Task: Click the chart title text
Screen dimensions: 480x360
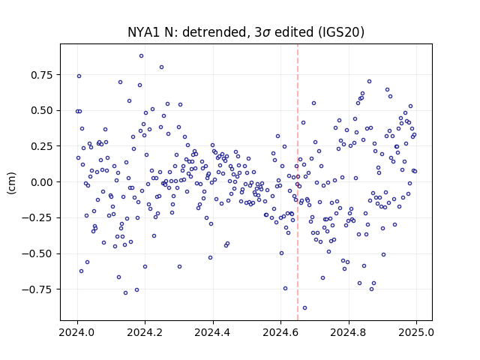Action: [x=246, y=32]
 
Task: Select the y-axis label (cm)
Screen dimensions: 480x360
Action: [x=11, y=183]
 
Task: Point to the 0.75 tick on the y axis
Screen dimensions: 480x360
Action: [x=42, y=75]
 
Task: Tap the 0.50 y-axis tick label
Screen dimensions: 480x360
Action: [x=42, y=110]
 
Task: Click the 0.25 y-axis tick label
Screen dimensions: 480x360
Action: [x=42, y=146]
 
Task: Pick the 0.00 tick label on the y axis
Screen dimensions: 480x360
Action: [x=42, y=182]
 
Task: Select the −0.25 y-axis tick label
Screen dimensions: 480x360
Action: [x=37, y=218]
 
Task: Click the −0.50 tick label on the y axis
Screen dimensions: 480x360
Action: [x=37, y=253]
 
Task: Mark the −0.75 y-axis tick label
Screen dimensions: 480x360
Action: [x=37, y=289]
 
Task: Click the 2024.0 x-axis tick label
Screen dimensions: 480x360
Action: [x=77, y=332]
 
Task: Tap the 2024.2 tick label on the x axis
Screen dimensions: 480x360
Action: [x=145, y=332]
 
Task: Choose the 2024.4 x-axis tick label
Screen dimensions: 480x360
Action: [x=213, y=332]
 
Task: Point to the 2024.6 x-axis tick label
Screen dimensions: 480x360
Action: [x=280, y=332]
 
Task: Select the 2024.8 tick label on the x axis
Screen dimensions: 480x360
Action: [x=348, y=332]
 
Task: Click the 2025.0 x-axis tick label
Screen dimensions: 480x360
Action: [x=416, y=332]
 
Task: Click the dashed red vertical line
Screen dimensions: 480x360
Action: [x=298, y=182]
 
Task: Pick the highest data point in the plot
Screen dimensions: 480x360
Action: [x=141, y=56]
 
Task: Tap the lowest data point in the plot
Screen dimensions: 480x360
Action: [x=304, y=308]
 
